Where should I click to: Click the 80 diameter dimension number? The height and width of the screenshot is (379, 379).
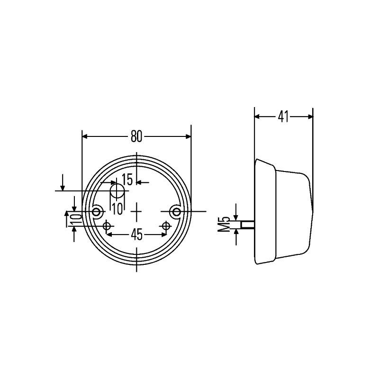pyautogui.click(x=136, y=136)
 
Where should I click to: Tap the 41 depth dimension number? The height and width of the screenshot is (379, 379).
pyautogui.click(x=283, y=116)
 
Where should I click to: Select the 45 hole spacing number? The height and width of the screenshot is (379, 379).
pyautogui.click(x=136, y=235)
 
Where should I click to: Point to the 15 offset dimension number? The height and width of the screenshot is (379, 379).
pyautogui.click(x=127, y=180)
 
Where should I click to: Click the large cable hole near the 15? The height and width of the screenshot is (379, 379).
pyautogui.click(x=117, y=191)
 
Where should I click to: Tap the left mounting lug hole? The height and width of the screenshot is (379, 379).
pyautogui.click(x=98, y=211)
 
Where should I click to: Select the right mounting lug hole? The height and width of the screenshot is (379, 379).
pyautogui.click(x=176, y=211)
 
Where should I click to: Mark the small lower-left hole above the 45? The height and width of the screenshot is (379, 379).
pyautogui.click(x=107, y=225)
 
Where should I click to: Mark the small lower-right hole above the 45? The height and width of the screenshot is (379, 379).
pyautogui.click(x=165, y=225)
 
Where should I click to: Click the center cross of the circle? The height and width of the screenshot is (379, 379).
pyautogui.click(x=136, y=211)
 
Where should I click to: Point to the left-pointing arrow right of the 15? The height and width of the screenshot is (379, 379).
pyautogui.click(x=139, y=182)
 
